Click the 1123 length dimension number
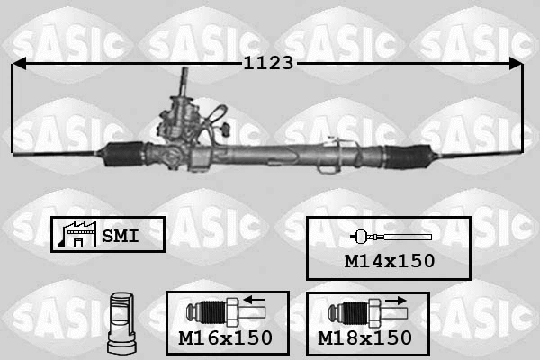click(x=269, y=63)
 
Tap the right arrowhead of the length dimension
click(x=515, y=64)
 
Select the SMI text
click(x=119, y=235)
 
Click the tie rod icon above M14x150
click(x=391, y=237)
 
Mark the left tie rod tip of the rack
click(x=20, y=152)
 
